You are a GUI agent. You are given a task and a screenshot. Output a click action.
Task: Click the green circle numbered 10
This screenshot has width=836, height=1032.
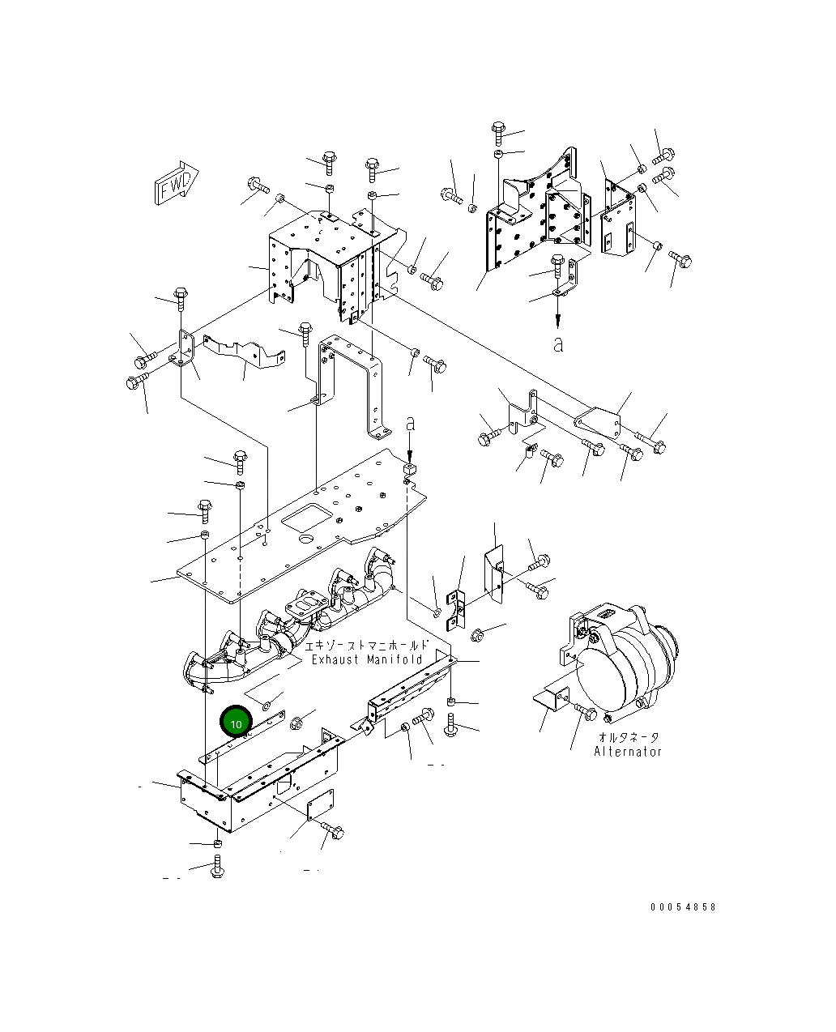point(237,723)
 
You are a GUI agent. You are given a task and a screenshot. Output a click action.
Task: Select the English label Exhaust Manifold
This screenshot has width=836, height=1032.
point(367,659)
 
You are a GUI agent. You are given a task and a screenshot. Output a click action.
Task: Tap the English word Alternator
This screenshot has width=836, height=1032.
point(628,751)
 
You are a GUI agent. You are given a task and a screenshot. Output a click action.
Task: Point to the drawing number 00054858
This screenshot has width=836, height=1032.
point(682,907)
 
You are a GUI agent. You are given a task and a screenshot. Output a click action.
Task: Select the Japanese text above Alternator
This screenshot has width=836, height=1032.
point(628,737)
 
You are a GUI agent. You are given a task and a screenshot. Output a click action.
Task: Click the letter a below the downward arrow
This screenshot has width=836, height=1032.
point(557,343)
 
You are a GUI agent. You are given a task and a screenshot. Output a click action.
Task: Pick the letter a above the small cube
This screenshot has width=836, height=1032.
point(411,423)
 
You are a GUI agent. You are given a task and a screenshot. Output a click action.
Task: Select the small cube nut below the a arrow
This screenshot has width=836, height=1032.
point(410,468)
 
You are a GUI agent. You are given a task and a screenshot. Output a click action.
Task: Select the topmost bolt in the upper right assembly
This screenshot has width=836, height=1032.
point(498,130)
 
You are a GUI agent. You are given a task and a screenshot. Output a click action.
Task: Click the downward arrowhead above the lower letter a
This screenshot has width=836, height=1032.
point(557,321)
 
